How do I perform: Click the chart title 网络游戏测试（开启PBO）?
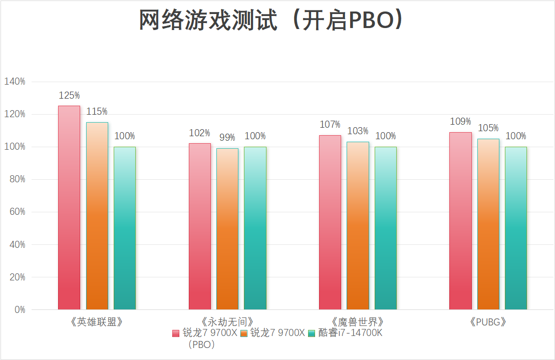click(x=271, y=21)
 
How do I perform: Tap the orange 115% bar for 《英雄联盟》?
click(x=97, y=216)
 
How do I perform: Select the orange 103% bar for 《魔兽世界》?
click(x=358, y=225)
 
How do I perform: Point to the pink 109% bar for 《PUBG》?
click(x=460, y=221)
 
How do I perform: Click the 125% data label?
click(x=69, y=95)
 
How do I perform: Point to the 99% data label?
click(x=227, y=138)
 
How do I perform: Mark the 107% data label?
click(x=330, y=124)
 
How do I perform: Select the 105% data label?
click(x=488, y=128)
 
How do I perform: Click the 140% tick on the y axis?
click(x=15, y=82)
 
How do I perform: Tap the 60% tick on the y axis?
click(x=17, y=212)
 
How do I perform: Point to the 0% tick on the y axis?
click(x=19, y=310)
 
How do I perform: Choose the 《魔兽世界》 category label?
click(x=358, y=321)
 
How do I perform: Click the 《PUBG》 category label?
click(x=488, y=321)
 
